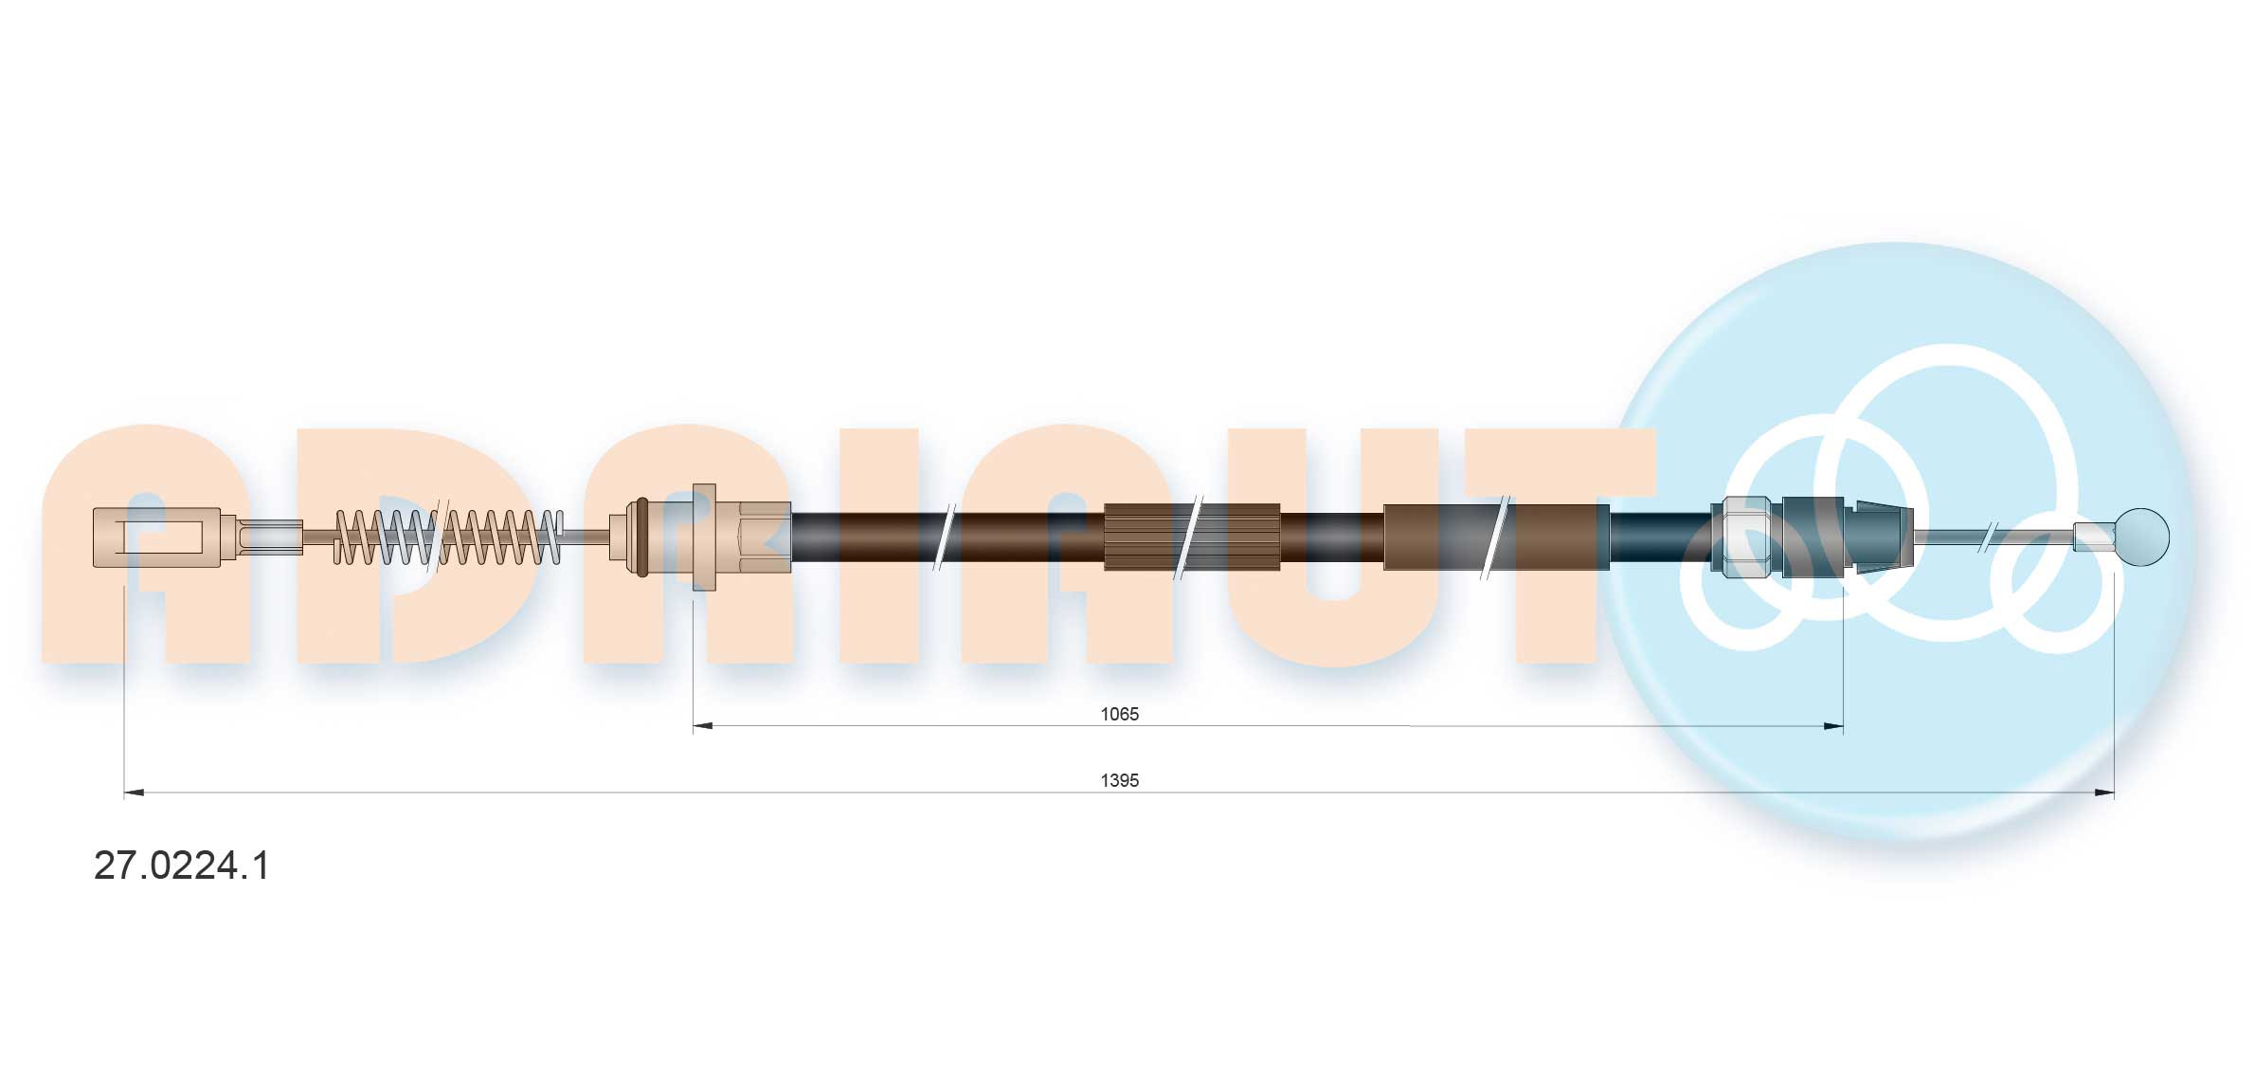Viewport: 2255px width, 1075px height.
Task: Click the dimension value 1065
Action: tap(1119, 714)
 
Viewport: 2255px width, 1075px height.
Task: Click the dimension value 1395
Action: tap(1119, 780)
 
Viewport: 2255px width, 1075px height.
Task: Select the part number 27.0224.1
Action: tap(182, 865)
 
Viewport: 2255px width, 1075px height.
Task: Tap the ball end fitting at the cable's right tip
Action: tap(2141, 537)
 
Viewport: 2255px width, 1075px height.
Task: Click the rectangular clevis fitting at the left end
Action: tap(157, 537)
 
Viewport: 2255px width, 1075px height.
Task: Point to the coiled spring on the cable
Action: tap(449, 537)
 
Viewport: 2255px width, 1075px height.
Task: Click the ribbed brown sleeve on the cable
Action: tap(1192, 537)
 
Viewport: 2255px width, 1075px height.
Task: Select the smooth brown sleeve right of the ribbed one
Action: tap(1497, 537)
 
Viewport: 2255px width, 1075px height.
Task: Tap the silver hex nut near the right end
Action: tap(1746, 537)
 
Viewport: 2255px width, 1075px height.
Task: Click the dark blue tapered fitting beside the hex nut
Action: tap(1848, 537)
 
